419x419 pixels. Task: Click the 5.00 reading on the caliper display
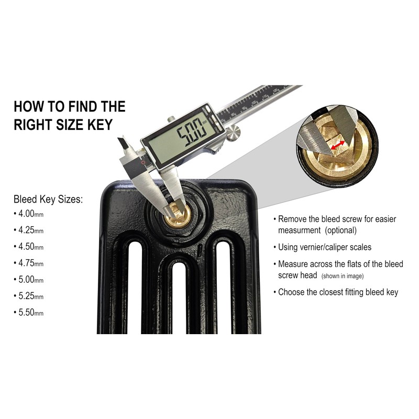point(191,133)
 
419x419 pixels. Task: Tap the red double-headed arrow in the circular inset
point(338,145)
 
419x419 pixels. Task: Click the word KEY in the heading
point(100,125)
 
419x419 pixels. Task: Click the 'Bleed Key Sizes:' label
point(48,200)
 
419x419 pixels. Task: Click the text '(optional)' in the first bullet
point(341,230)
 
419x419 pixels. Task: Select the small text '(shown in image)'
point(343,276)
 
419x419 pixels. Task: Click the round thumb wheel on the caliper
point(234,132)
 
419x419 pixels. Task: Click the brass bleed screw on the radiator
point(177,215)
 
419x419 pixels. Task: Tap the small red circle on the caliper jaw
point(143,162)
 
